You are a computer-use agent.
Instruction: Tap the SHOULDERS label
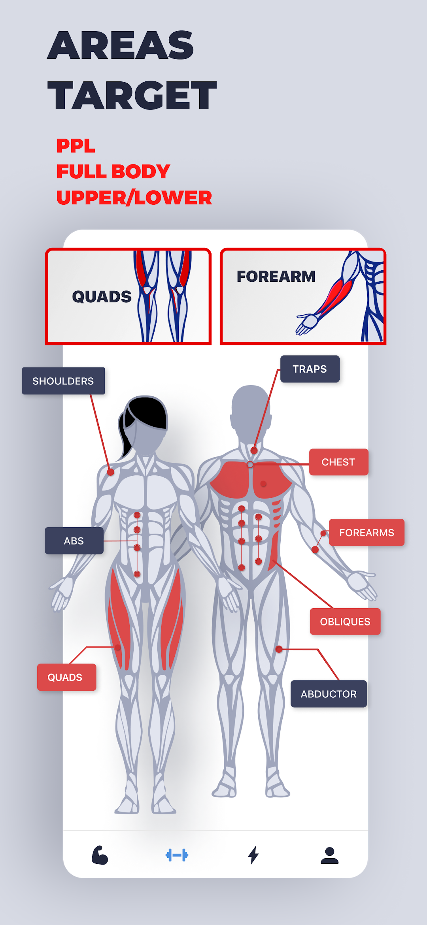click(x=63, y=381)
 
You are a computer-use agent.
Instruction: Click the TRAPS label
click(x=310, y=369)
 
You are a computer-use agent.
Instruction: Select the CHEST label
click(x=338, y=462)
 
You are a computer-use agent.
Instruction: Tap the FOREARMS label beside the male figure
click(x=367, y=532)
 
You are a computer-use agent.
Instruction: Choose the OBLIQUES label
click(x=345, y=622)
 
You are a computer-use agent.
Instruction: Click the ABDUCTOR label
click(x=329, y=694)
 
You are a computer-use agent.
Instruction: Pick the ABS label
click(x=74, y=541)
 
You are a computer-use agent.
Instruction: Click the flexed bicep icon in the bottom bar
click(x=100, y=855)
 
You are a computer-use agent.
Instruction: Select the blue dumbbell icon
click(x=177, y=855)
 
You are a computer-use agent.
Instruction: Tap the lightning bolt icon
click(x=253, y=855)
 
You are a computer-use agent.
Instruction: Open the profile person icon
click(x=329, y=855)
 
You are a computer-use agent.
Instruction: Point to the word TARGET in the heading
click(x=132, y=95)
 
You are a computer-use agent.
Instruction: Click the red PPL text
click(x=76, y=146)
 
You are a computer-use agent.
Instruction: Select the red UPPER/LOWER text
click(x=134, y=198)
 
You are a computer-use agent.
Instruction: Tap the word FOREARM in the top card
click(x=276, y=277)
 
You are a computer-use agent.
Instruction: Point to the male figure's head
click(x=251, y=411)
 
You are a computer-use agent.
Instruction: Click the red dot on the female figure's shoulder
click(x=111, y=472)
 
